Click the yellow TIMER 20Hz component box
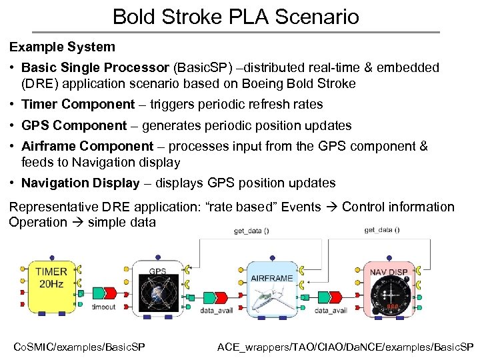(x=51, y=287)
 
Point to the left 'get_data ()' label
(x=251, y=231)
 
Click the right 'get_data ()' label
(x=382, y=230)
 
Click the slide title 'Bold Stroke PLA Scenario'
(x=236, y=16)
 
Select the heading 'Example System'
(x=62, y=47)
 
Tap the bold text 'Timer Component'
(x=78, y=104)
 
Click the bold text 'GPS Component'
(x=74, y=125)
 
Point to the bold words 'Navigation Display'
(x=81, y=183)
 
